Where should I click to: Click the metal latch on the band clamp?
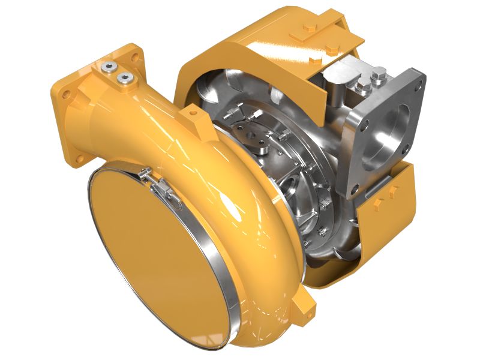(x=157, y=184)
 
